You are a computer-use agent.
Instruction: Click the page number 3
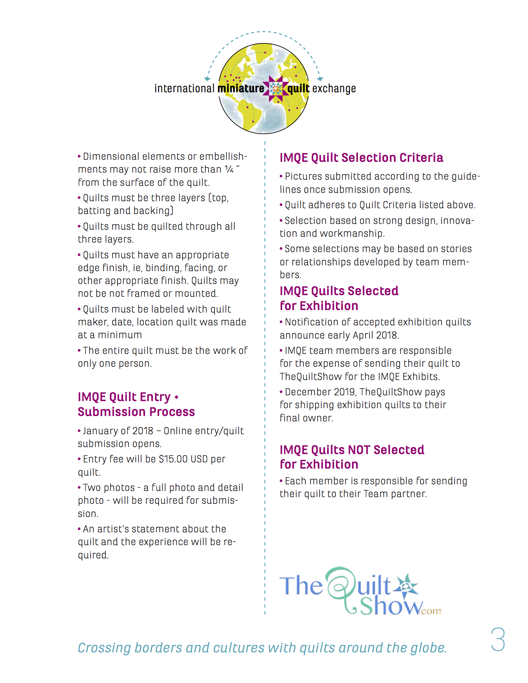498,639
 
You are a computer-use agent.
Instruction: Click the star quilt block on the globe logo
276,88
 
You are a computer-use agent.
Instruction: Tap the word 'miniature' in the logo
241,89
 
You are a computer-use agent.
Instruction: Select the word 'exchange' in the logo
334,89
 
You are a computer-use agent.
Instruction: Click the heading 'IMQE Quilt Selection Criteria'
361,158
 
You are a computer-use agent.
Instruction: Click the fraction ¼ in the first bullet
229,169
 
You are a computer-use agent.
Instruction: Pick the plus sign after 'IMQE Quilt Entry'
176,397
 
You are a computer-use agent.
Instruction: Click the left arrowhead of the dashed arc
207,79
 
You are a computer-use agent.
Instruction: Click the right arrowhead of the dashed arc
320,79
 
